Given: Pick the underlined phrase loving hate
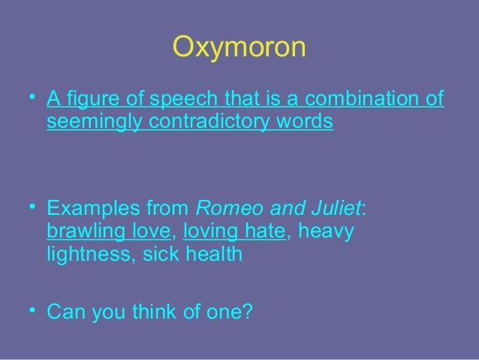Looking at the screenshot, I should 234,231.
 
